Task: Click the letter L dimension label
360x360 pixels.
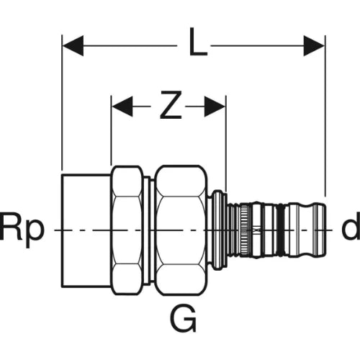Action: click(198, 42)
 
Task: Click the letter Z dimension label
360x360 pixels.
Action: click(171, 105)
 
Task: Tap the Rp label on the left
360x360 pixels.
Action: click(22, 227)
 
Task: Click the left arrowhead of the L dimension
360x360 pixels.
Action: click(73, 45)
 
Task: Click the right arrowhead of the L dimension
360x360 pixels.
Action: click(314, 45)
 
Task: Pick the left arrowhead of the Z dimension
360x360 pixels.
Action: click(122, 107)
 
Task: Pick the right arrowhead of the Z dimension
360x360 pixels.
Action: click(215, 107)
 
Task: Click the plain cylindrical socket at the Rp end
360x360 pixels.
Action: click(87, 230)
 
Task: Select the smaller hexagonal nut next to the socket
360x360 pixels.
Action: click(127, 230)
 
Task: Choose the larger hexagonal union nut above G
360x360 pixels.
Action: click(181, 230)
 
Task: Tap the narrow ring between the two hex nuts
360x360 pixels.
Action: click(148, 230)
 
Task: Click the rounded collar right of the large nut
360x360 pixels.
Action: click(217, 230)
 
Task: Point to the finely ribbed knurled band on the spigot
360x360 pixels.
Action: click(244, 230)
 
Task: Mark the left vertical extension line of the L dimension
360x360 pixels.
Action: click(62, 102)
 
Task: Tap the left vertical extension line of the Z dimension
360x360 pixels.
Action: click(111, 130)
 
